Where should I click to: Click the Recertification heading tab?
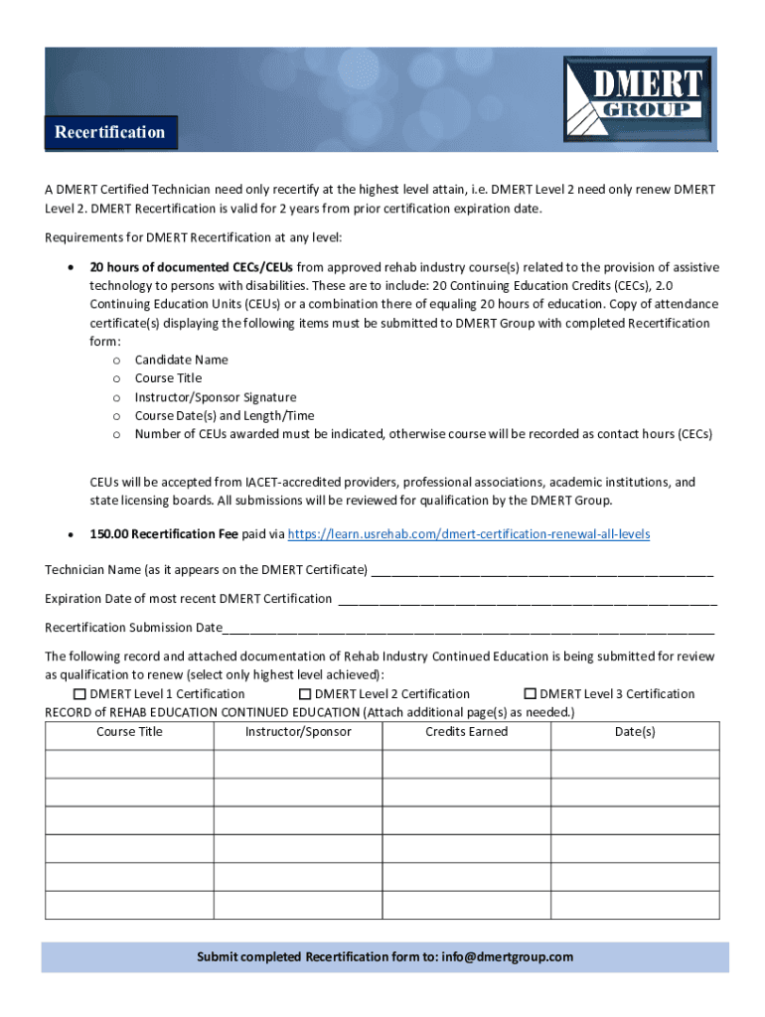(x=110, y=133)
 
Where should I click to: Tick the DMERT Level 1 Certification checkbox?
(x=80, y=694)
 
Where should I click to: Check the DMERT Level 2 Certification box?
(x=305, y=694)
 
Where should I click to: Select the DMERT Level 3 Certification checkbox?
(x=531, y=694)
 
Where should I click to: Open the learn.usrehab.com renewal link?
(x=469, y=534)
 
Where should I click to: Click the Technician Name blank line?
(x=541, y=571)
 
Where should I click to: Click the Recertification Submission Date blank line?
(x=468, y=628)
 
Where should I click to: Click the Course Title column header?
(x=129, y=732)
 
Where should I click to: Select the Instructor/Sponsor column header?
(x=298, y=732)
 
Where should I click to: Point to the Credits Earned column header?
(x=466, y=732)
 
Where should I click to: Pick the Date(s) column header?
(x=635, y=732)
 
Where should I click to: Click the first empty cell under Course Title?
(x=129, y=764)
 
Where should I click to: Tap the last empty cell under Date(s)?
(x=635, y=906)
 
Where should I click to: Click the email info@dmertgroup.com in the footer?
(x=508, y=957)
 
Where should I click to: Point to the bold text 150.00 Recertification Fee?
(x=164, y=534)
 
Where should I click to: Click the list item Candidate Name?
(x=181, y=360)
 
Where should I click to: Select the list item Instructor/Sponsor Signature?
(x=215, y=397)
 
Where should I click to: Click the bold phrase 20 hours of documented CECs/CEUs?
(x=192, y=267)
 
